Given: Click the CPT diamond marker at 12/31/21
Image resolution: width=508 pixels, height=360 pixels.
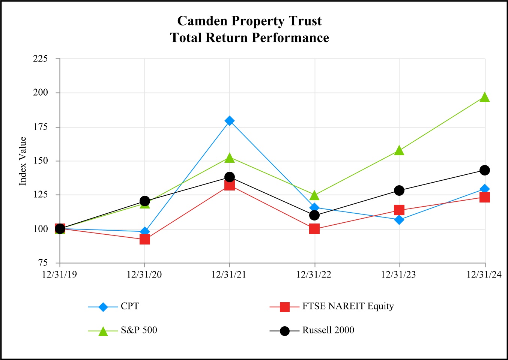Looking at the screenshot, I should [230, 121].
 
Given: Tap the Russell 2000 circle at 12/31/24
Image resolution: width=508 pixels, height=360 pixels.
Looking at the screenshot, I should [485, 170].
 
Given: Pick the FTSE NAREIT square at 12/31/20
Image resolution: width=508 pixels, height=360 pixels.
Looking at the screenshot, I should [145, 239].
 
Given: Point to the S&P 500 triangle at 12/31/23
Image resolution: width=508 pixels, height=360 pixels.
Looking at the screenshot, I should [400, 151].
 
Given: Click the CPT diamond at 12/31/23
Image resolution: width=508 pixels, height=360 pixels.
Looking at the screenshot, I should [400, 220].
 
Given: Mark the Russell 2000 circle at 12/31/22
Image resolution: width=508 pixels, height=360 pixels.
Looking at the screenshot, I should [314, 215].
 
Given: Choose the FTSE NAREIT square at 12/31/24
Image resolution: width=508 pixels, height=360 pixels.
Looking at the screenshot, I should [485, 197].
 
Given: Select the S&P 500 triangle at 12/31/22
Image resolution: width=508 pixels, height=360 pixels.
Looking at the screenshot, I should [314, 195].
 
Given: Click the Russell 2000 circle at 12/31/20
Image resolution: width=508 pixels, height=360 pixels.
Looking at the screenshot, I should [145, 201].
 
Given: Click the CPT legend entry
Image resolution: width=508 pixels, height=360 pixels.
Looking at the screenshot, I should [129, 306].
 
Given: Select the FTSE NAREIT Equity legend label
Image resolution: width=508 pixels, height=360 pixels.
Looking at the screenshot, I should [348, 306].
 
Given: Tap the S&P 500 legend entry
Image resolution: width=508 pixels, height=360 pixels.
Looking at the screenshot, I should [139, 330].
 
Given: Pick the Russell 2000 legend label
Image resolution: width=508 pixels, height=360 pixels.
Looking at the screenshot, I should [328, 330].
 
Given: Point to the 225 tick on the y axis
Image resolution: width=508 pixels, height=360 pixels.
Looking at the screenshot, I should [41, 58].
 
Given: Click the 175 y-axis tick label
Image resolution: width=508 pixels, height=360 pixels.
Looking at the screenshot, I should [41, 127].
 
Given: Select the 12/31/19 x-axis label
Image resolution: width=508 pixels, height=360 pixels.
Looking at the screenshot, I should [59, 275].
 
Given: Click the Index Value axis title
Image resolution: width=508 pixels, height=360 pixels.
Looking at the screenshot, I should [23, 161].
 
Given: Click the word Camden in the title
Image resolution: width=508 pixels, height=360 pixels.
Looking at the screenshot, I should [202, 21].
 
